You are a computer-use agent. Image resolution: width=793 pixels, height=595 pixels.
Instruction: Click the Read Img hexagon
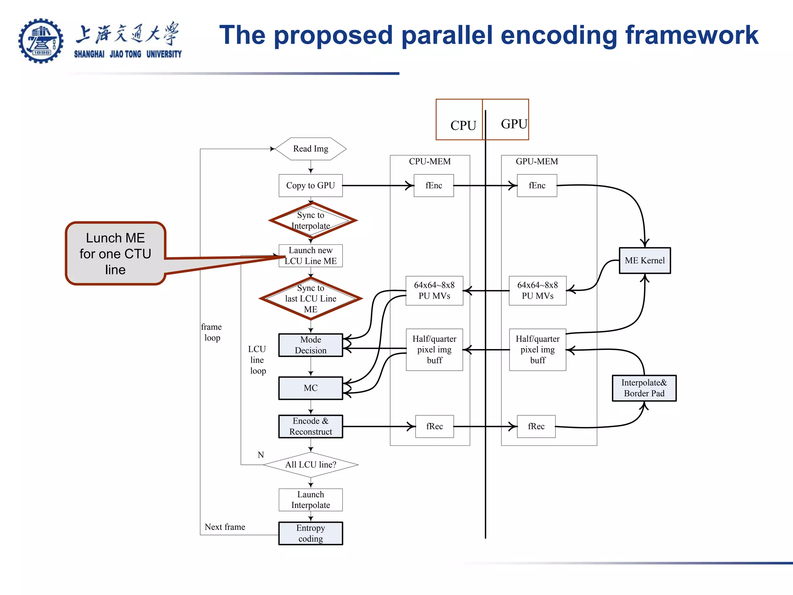tap(311, 149)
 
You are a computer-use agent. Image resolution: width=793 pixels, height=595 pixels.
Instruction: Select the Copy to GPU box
tap(311, 186)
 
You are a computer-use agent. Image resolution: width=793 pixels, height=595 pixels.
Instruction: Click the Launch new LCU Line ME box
tap(311, 256)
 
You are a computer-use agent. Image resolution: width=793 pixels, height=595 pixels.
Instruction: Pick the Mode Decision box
tap(311, 345)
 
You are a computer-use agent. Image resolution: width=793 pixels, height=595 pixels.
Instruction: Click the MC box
tap(311, 388)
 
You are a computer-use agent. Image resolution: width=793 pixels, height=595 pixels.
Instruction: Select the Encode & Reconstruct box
tap(311, 426)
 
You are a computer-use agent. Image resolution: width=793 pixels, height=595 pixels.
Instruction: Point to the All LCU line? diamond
tap(311, 464)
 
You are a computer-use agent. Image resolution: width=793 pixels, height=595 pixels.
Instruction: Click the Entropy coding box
tap(311, 533)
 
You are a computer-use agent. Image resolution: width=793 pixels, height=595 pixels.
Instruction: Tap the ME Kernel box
tap(645, 261)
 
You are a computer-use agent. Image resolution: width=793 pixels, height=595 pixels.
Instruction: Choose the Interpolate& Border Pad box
tap(644, 388)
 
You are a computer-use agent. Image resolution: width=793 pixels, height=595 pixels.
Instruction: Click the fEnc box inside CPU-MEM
tap(434, 186)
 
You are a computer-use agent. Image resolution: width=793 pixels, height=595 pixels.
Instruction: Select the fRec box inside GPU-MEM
tap(536, 426)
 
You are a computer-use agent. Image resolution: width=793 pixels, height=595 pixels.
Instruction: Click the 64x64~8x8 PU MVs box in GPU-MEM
tap(537, 291)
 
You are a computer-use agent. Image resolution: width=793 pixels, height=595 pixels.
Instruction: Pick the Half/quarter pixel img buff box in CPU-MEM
tap(434, 350)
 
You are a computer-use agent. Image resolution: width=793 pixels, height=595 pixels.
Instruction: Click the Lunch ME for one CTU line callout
tap(115, 254)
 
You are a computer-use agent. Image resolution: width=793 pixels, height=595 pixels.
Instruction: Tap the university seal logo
tap(41, 41)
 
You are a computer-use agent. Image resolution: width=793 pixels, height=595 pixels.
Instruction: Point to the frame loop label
tap(211, 332)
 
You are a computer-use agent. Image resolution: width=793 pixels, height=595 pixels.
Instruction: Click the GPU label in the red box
tap(513, 124)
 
